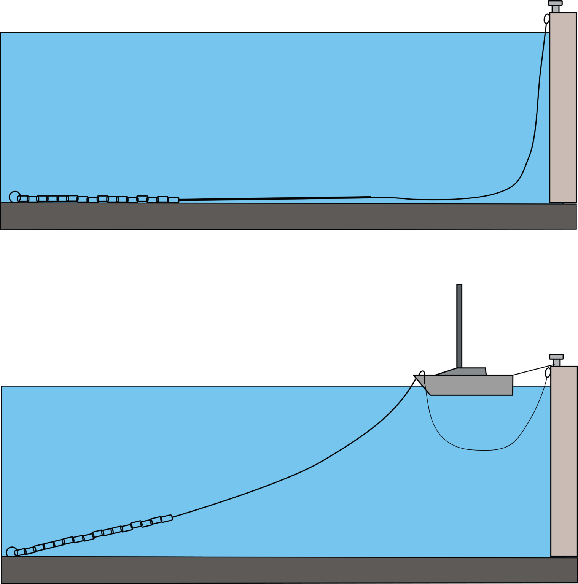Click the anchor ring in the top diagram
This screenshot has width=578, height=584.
pyautogui.click(x=14, y=197)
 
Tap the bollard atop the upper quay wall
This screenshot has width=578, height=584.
pyautogui.click(x=555, y=6)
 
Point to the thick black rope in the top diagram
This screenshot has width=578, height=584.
pyautogui.click(x=274, y=198)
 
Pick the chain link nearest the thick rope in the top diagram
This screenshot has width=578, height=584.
pyautogui.click(x=174, y=200)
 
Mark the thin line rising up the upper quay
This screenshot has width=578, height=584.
pyautogui.click(x=538, y=95)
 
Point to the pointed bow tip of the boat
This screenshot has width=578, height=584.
pyautogui.click(x=416, y=377)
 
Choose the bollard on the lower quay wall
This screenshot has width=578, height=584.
pyautogui.click(x=556, y=360)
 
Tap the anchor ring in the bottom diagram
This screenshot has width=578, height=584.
pyautogui.click(x=12, y=552)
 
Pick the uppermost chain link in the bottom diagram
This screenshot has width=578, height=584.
pyautogui.click(x=167, y=518)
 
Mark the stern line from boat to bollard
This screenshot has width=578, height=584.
pyautogui.click(x=531, y=371)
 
